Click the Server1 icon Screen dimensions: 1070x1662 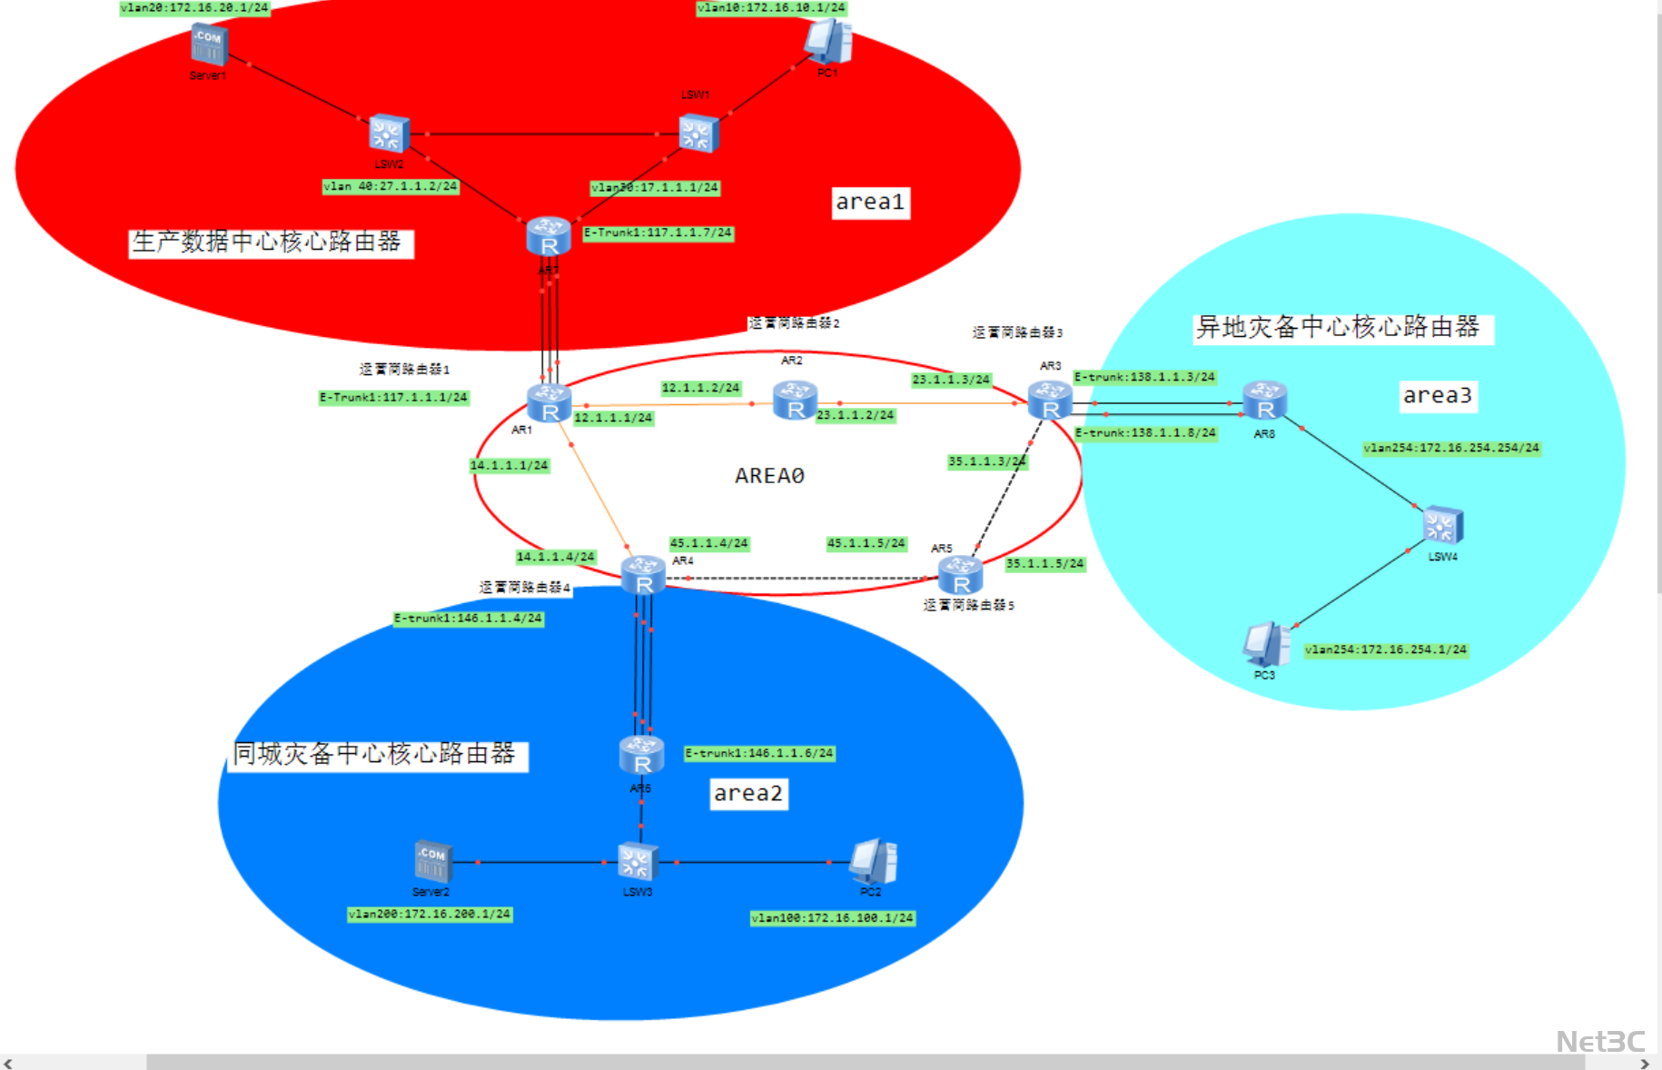point(209,45)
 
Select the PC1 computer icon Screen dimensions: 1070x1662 point(828,42)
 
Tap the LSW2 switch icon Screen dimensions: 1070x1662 point(389,134)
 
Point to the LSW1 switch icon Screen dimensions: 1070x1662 point(698,134)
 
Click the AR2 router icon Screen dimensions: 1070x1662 point(795,401)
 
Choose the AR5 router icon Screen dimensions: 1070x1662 point(960,575)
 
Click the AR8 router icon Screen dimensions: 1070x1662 point(1265,401)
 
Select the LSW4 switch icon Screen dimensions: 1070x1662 point(1442,526)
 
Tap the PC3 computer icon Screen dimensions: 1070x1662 point(1265,644)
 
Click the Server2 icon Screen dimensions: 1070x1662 point(432,861)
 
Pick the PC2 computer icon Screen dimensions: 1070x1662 point(873,861)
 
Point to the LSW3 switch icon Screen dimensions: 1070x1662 point(638,861)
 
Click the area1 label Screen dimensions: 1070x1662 point(870,202)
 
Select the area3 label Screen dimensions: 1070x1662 point(1437,395)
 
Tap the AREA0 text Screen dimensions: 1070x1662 point(769,476)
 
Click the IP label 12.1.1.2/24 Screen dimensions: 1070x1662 point(700,388)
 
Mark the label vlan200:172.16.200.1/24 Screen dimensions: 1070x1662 point(430,914)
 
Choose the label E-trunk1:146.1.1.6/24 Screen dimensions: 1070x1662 point(758,753)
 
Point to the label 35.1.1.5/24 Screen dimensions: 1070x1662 point(1044,563)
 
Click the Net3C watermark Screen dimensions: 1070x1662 point(1600,1041)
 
